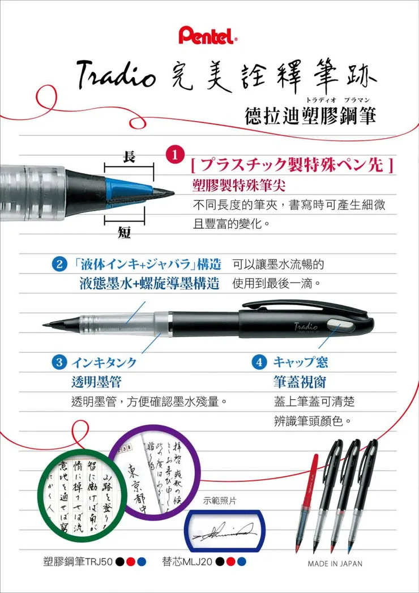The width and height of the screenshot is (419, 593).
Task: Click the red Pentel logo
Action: [x=208, y=36]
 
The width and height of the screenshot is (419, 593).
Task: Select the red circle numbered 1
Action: [x=176, y=155]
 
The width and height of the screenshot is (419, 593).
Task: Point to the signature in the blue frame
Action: [x=225, y=533]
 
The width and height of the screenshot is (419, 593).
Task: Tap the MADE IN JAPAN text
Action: [x=335, y=564]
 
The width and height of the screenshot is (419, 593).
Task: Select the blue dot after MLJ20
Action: [x=242, y=562]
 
